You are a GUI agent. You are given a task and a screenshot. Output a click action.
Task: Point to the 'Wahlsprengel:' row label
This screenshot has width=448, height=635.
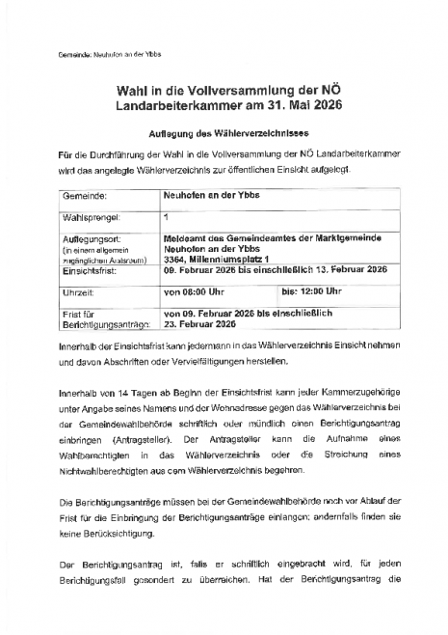pyautogui.click(x=90, y=217)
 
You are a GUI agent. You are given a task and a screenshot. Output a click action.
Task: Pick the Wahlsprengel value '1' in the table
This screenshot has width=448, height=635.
pyautogui.click(x=166, y=216)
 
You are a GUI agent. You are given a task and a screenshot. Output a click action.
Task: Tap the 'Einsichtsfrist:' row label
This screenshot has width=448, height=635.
pyautogui.click(x=91, y=273)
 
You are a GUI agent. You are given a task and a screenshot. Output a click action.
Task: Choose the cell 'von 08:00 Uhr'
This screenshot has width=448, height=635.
pyautogui.click(x=194, y=290)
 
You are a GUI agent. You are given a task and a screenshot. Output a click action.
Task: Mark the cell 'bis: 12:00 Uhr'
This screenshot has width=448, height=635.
pyautogui.click(x=310, y=290)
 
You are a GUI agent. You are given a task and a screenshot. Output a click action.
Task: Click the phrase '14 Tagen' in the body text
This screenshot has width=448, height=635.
pyautogui.click(x=128, y=397)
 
